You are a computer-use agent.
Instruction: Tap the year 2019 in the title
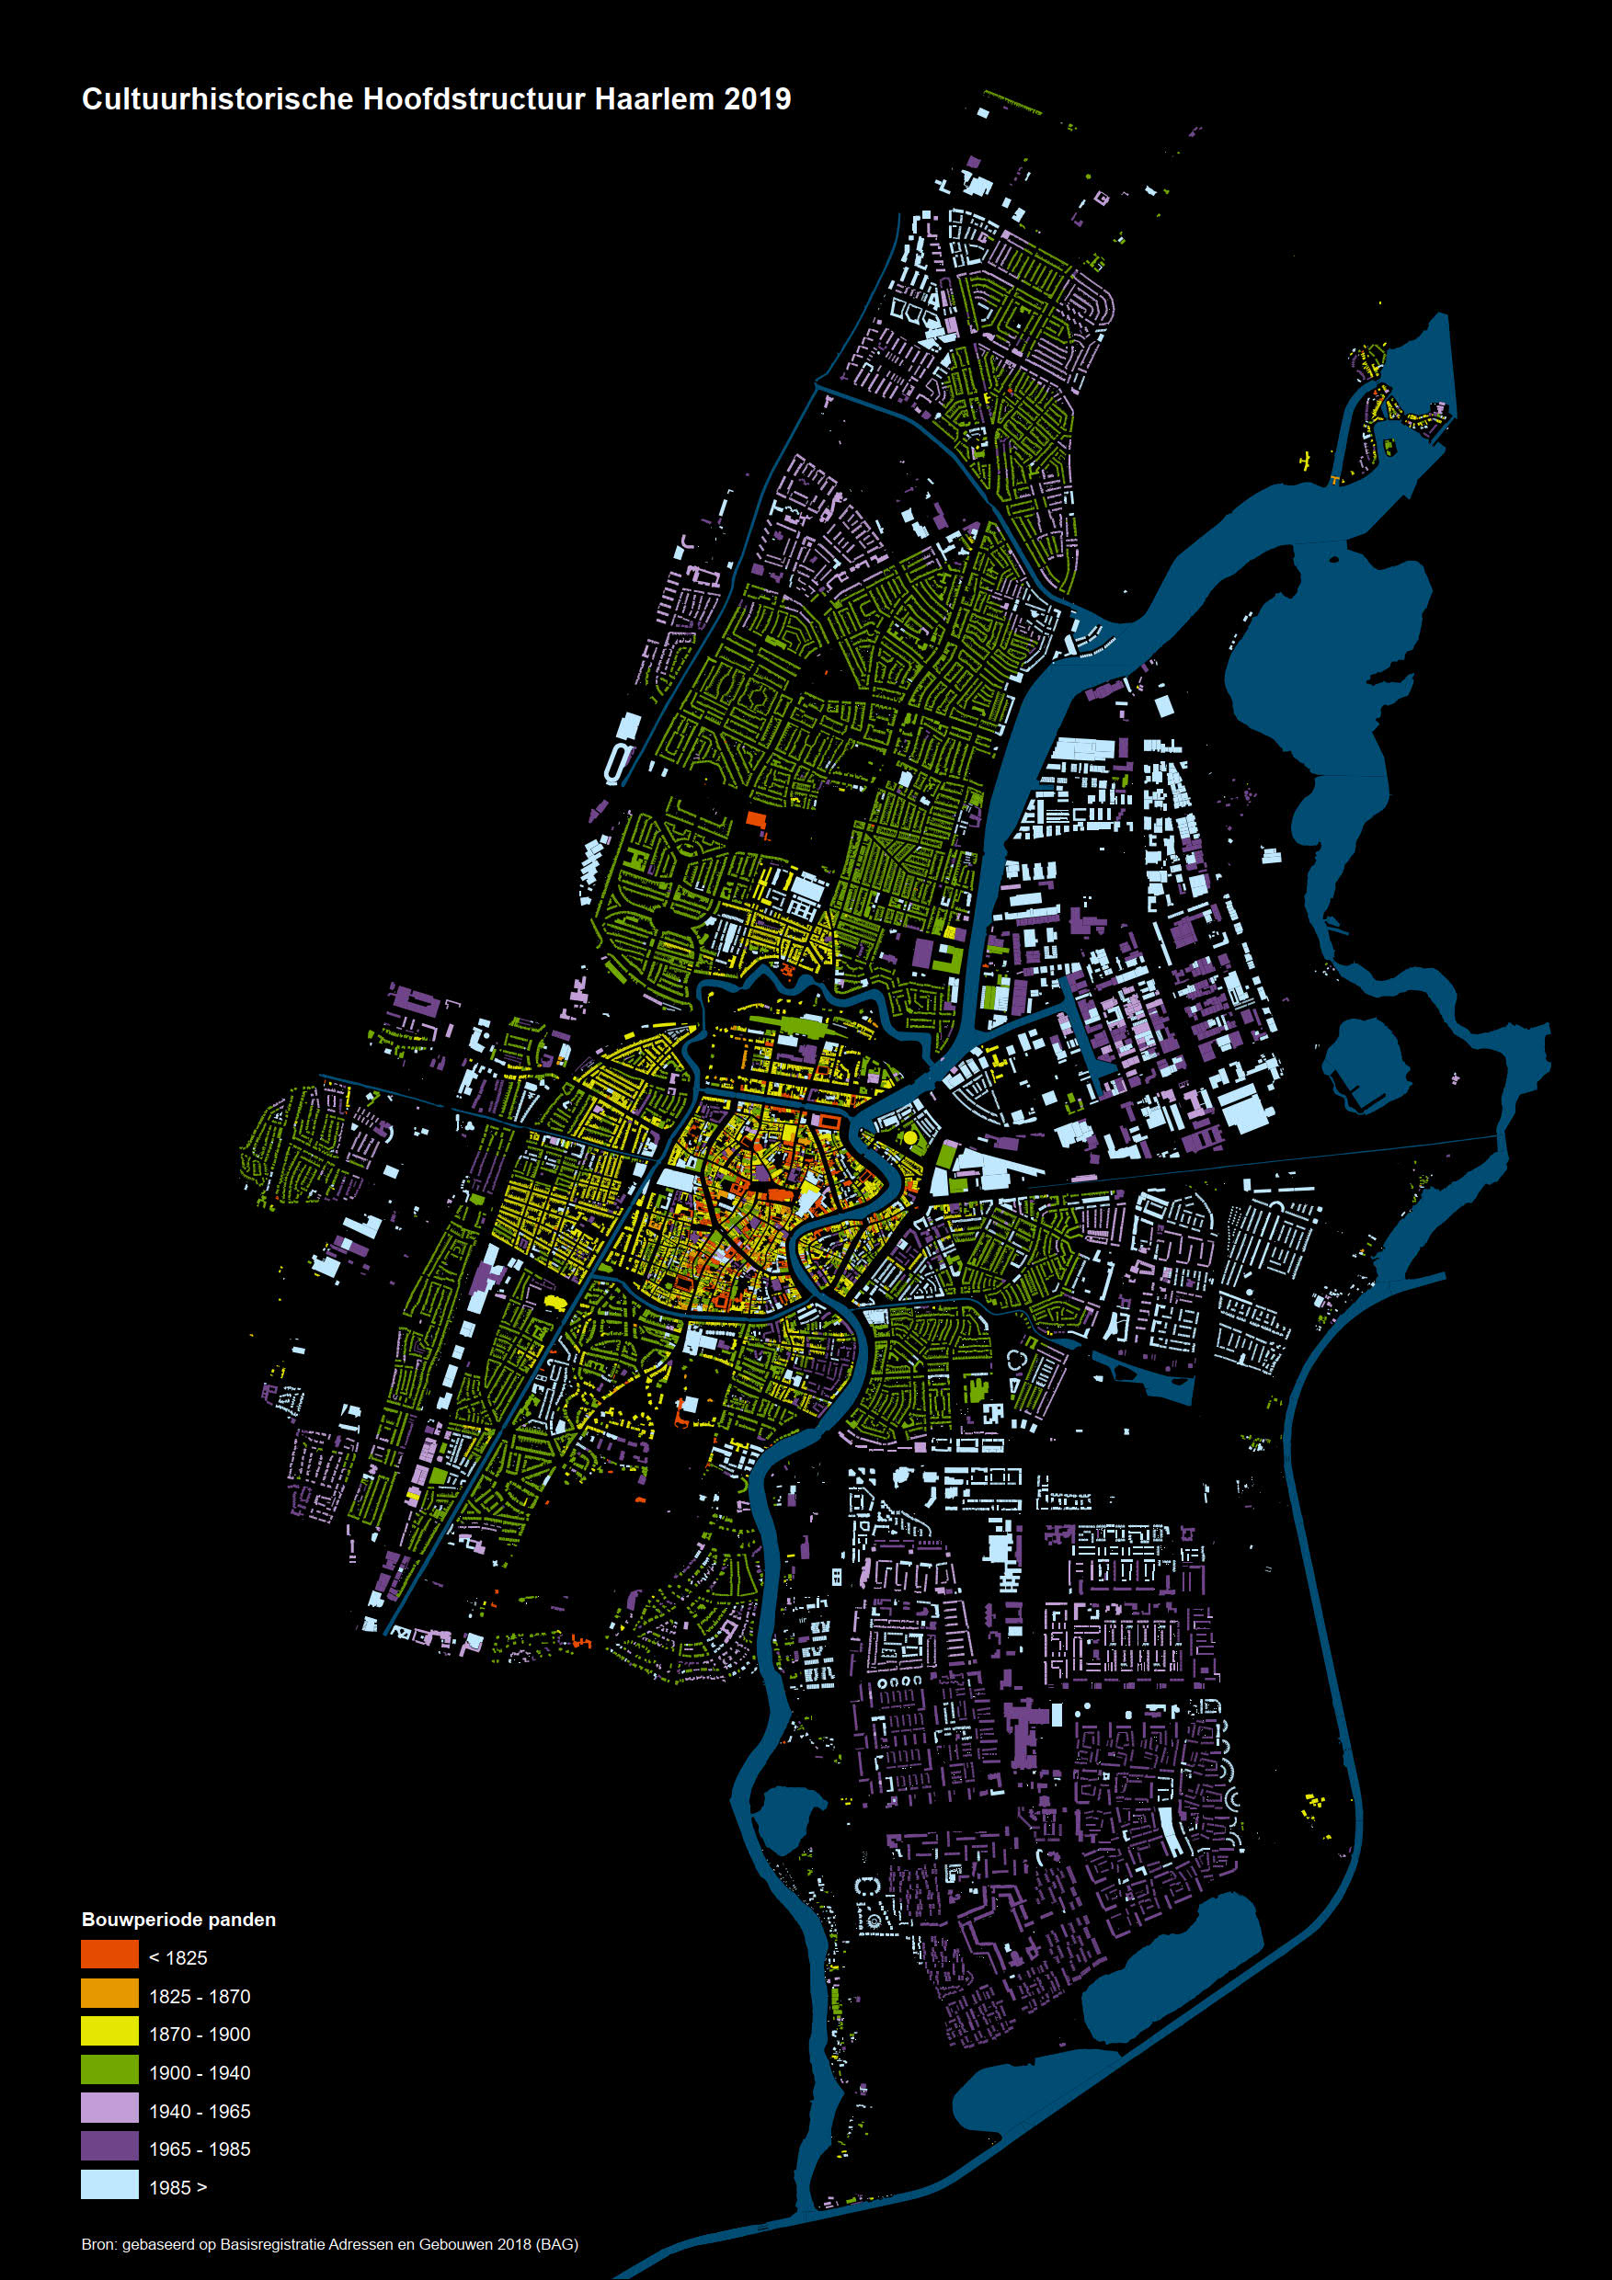[757, 99]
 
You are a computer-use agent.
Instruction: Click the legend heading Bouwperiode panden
[178, 1920]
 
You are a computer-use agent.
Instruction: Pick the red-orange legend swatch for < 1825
[109, 1957]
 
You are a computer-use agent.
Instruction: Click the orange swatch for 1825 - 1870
[109, 1995]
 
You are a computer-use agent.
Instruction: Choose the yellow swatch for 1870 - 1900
[109, 2033]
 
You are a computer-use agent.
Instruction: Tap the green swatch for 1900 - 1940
[109, 2071]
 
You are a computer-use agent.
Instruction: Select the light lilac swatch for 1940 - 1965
[109, 2110]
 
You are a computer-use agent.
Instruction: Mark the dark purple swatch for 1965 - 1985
[109, 2148]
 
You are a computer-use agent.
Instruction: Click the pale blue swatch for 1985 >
[109, 2185]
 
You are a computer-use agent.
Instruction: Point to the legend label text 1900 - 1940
[200, 2072]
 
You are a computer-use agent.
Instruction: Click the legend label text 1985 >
[177, 2186]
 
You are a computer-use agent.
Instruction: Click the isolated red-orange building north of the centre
[756, 819]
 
